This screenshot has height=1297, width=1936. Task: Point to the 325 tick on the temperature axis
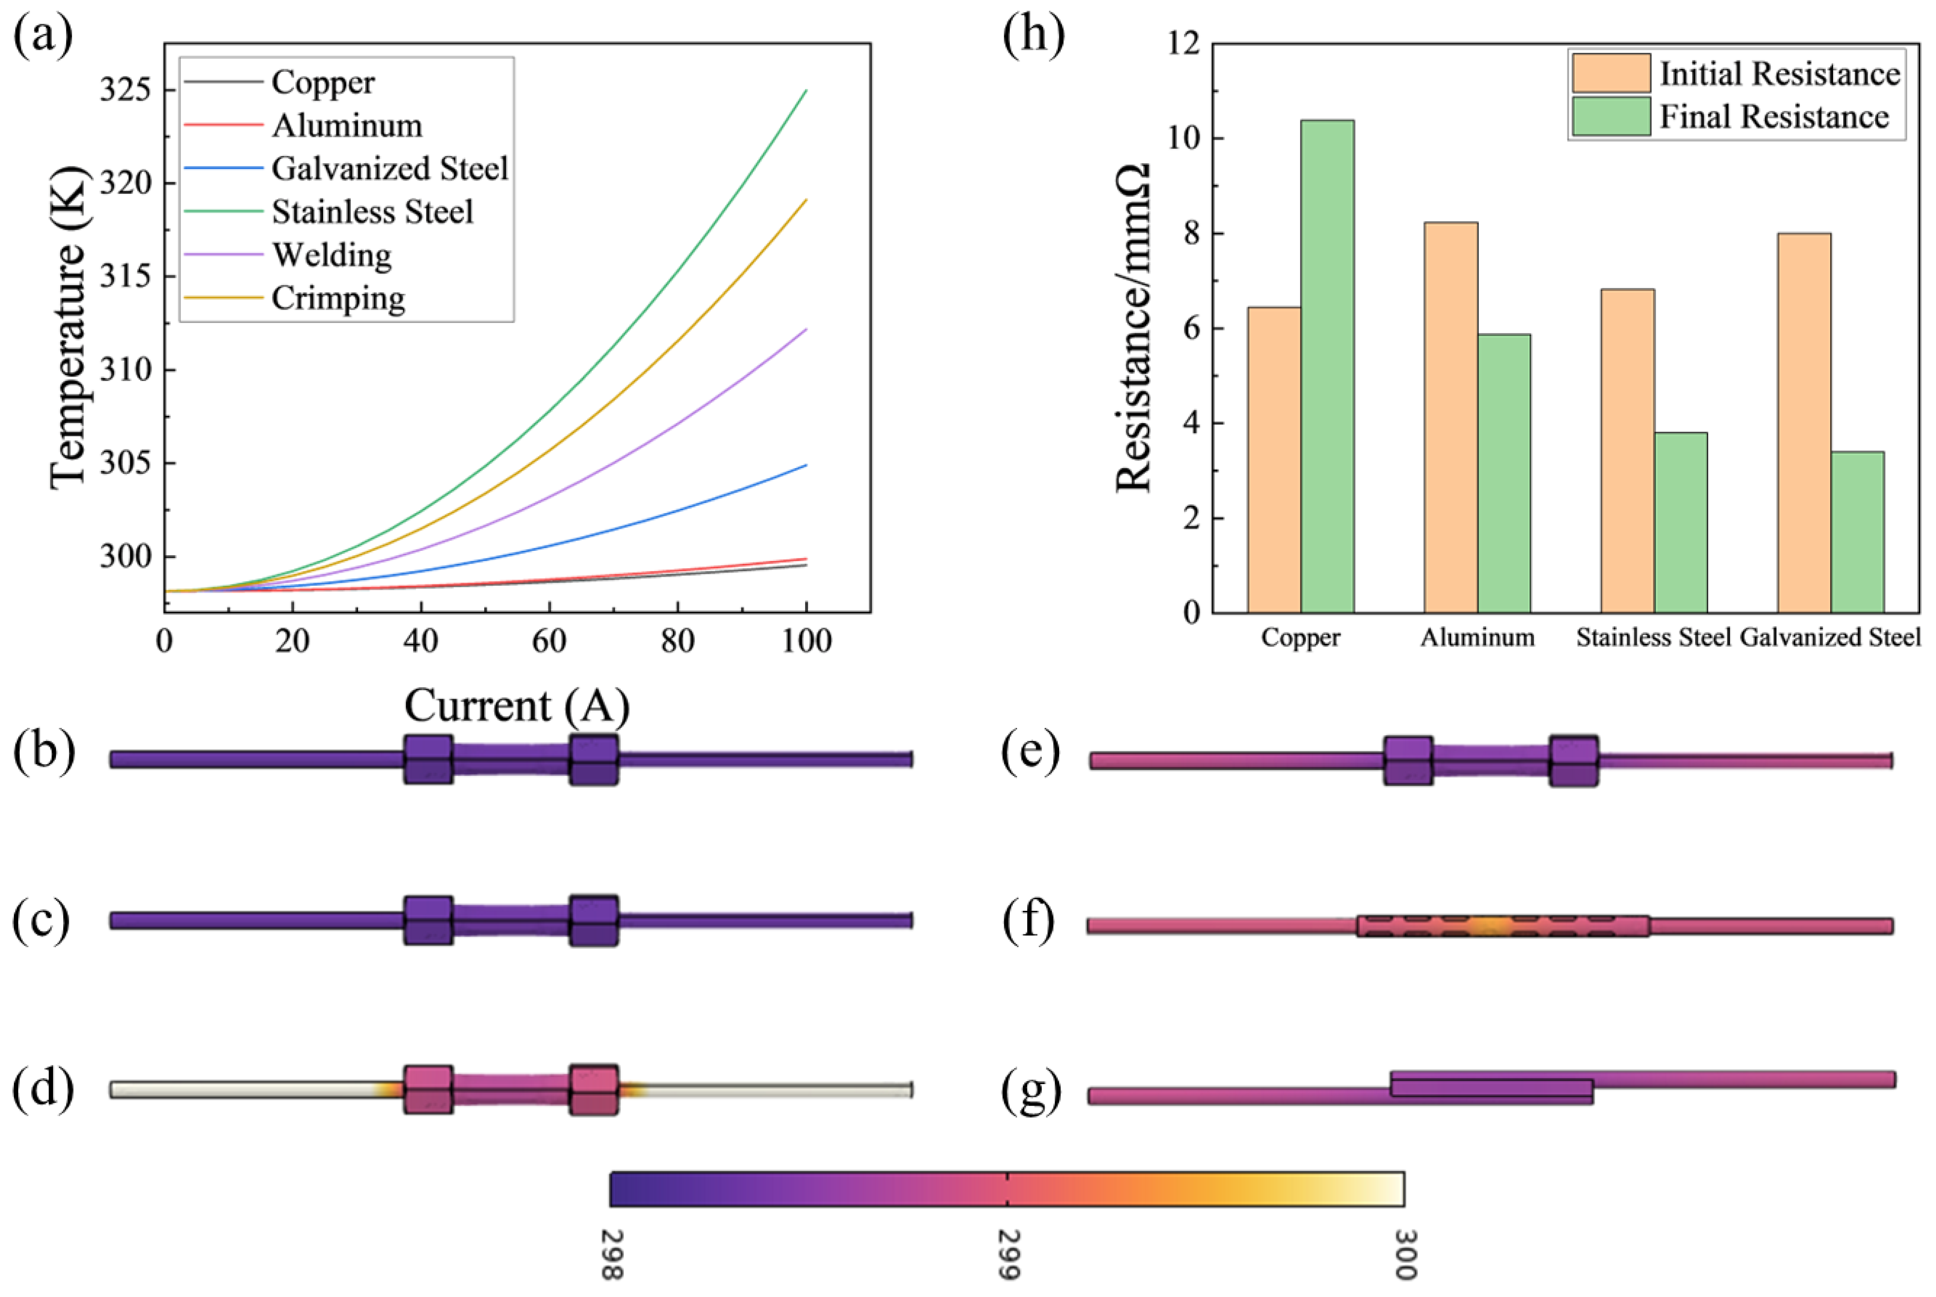(x=126, y=89)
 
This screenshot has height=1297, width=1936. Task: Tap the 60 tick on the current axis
(x=549, y=641)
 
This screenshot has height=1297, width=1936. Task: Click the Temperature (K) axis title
(x=68, y=327)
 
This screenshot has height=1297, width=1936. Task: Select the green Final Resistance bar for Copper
(x=1327, y=367)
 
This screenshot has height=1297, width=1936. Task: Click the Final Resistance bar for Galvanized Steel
(x=1858, y=532)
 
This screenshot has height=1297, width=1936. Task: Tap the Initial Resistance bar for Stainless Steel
(x=1627, y=451)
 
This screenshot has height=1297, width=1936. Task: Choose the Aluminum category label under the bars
(x=1477, y=638)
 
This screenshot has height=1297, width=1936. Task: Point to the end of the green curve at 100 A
(x=806, y=89)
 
